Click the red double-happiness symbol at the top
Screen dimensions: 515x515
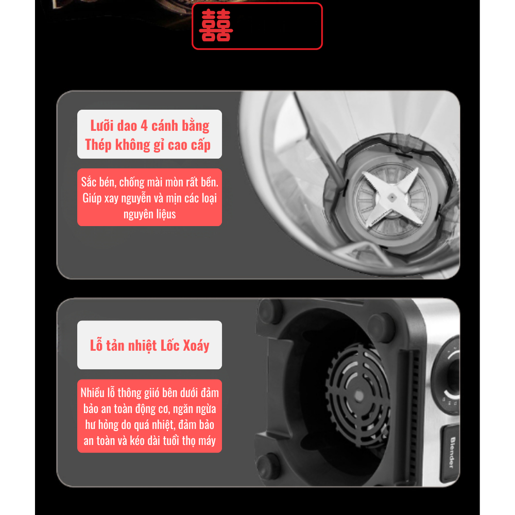[x=216, y=25]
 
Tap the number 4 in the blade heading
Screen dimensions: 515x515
[x=144, y=126]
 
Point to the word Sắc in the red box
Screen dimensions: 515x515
[x=89, y=182]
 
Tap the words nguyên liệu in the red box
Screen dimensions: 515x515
[x=149, y=214]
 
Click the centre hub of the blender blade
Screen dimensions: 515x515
[x=392, y=197]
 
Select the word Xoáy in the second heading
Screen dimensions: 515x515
[x=196, y=346]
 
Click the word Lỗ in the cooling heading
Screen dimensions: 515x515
[x=96, y=345]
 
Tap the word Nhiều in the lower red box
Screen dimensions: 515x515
[x=93, y=393]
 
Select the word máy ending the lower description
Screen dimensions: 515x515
[x=207, y=441]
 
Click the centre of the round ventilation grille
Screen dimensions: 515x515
[x=358, y=395]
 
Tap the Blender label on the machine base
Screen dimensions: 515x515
[x=452, y=452]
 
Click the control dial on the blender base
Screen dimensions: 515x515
[x=451, y=374]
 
